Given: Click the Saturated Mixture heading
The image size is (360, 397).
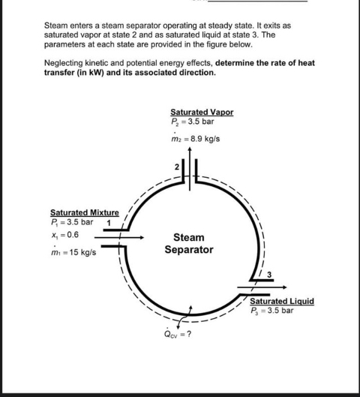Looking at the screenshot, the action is pos(79,213).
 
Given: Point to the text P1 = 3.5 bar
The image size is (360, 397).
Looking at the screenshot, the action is pos(71,222).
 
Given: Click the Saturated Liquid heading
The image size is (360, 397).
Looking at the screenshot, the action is pos(281,301).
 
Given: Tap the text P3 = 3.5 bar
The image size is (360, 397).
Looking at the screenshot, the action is pos(271,310).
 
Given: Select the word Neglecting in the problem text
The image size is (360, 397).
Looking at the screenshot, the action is pos(64,63).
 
